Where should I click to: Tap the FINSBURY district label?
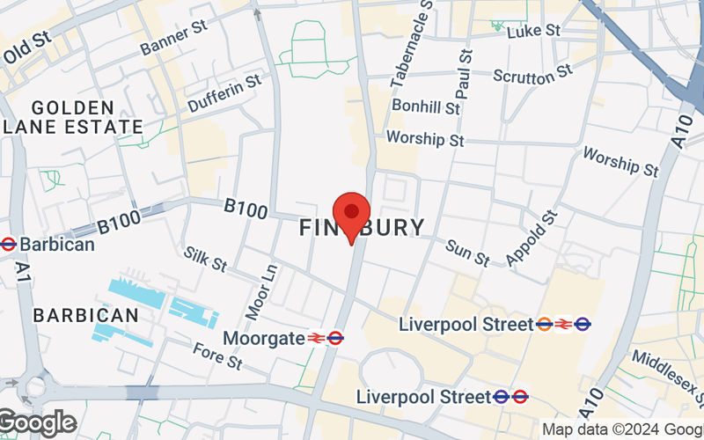pos(362,228)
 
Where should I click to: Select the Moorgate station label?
pos(263,338)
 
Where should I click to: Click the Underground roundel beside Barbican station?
pos(8,244)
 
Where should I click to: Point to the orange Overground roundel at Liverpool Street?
pos(545,325)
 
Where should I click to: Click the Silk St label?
pos(206,258)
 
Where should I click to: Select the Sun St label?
pos(466,253)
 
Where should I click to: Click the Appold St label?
pos(532,238)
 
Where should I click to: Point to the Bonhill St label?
pos(426,107)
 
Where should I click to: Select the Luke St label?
pos(534,31)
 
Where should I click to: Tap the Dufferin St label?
pos(224,92)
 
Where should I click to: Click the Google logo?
pos(37,423)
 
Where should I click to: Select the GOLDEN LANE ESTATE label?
pos(72,116)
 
